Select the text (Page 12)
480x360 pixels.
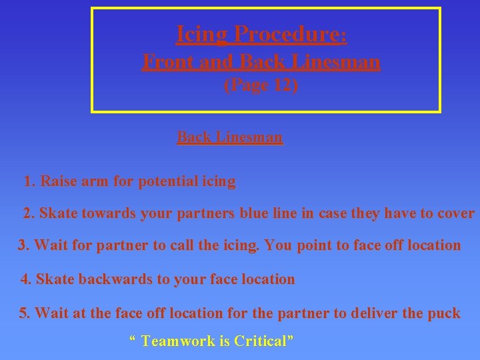pos(261,85)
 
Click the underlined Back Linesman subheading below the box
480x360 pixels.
pos(230,138)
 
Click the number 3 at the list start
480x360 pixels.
pos(22,245)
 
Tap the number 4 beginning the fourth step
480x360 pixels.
pos(25,279)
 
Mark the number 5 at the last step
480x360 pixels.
pos(23,313)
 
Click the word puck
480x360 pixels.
pos(444,313)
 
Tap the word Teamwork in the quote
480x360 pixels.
pos(178,341)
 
